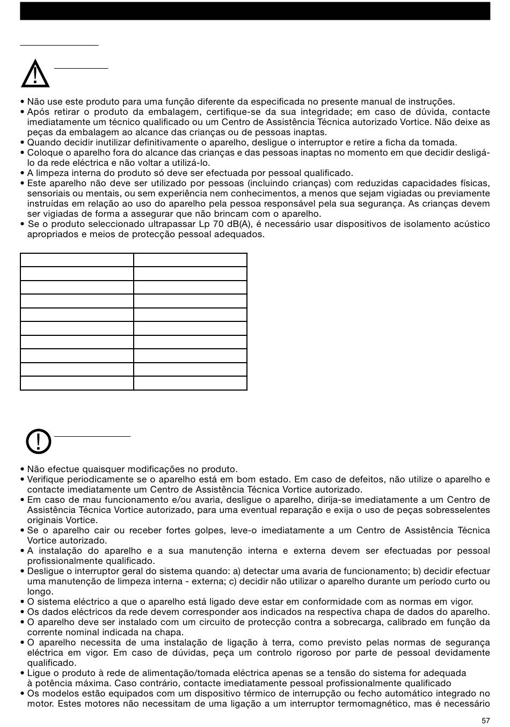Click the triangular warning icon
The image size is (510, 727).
(x=35, y=75)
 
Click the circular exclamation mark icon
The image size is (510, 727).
(x=38, y=442)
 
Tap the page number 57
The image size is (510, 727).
(x=485, y=721)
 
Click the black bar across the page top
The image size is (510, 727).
(x=255, y=11)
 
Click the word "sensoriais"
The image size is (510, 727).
(x=50, y=193)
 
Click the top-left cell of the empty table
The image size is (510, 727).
(x=77, y=260)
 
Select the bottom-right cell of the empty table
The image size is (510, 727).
(x=190, y=383)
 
